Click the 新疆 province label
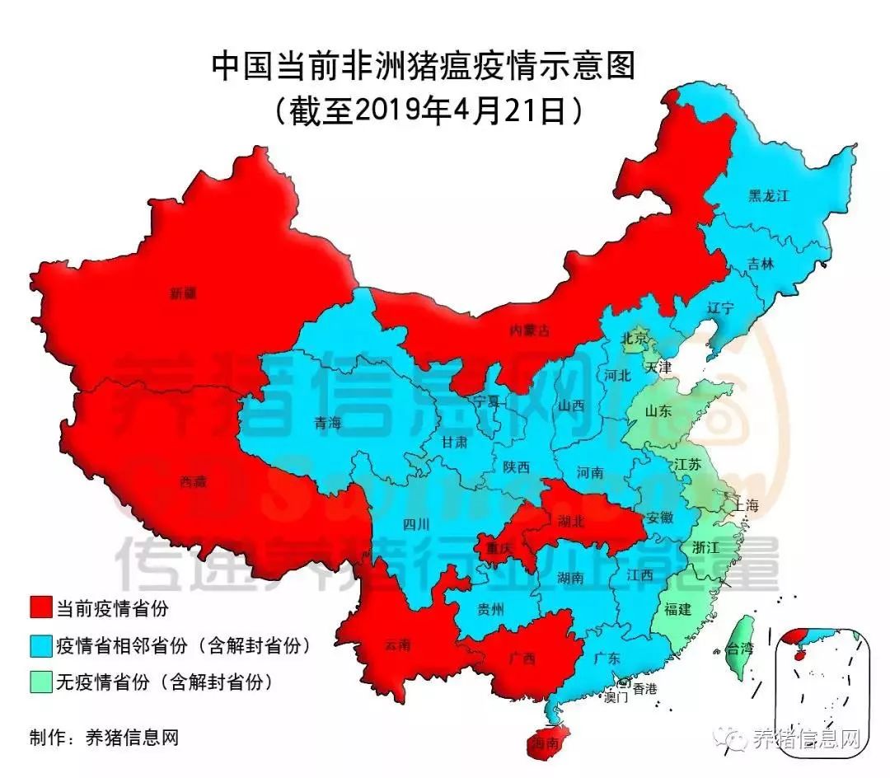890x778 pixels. [183, 293]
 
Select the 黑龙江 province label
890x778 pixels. [768, 196]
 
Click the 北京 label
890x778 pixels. [635, 339]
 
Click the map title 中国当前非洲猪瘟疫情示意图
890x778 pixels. [424, 67]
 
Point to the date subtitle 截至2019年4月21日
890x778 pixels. [424, 110]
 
